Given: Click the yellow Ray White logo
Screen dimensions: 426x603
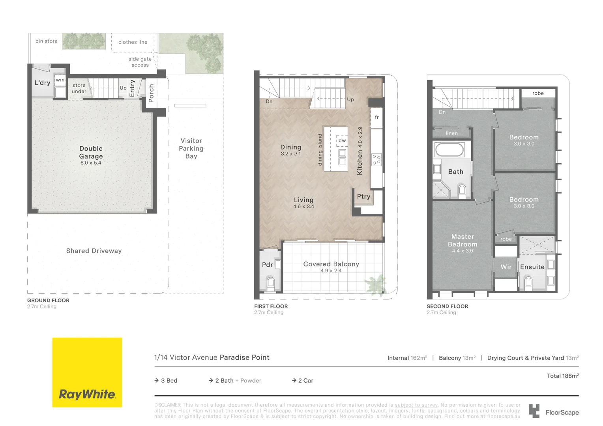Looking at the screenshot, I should point(87,372).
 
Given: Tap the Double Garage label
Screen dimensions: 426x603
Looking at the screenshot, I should point(91,153).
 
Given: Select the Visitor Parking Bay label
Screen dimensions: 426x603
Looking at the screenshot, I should point(191,148).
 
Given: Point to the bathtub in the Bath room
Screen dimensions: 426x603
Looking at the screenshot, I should point(449,149).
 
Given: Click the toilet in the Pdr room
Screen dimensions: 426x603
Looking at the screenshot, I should point(270,282).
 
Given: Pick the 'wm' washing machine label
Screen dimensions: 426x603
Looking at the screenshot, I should point(60,80).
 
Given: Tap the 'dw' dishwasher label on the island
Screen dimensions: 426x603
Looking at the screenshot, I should point(342,140).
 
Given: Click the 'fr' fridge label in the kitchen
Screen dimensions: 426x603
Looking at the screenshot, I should point(377,117).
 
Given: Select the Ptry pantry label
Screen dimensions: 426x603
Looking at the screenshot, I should point(363,196).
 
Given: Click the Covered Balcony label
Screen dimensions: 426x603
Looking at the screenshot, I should point(331,264).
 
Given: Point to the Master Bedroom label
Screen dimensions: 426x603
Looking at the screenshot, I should point(463,241).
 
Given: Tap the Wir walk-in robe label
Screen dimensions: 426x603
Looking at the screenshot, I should point(506,267).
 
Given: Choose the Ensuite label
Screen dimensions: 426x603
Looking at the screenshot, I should point(532,267).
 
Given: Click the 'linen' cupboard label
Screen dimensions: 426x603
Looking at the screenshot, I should point(452,133).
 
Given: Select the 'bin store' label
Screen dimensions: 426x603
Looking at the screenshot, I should point(47,41).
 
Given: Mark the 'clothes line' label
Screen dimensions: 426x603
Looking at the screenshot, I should point(133,42).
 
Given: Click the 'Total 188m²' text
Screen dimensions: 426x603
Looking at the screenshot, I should point(562,376).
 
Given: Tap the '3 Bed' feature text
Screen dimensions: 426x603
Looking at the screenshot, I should point(169,381).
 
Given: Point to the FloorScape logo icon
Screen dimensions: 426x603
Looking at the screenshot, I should point(534,411).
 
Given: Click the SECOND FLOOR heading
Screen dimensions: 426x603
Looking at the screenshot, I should point(447,306).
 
